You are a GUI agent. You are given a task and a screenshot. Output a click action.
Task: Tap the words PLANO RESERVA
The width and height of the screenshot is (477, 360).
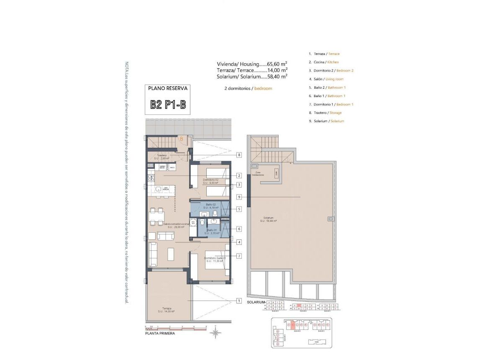pos(168,88)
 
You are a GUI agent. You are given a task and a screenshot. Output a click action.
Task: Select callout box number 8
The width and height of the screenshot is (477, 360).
pos(239,155)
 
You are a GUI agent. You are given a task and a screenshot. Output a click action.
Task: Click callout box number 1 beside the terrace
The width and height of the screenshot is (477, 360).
pos(239,301)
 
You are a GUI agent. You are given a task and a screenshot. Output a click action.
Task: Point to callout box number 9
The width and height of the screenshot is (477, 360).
pos(239,197)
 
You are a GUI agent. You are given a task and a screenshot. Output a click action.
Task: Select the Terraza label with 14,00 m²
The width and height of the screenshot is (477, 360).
pos(166,310)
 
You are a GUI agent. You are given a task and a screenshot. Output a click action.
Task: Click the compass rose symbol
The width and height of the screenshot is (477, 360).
pos(216,333)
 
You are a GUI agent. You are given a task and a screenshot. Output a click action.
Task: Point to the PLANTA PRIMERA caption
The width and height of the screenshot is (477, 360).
pos(160,334)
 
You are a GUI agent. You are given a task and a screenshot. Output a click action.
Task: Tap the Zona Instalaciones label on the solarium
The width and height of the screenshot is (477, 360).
pos(258,173)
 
